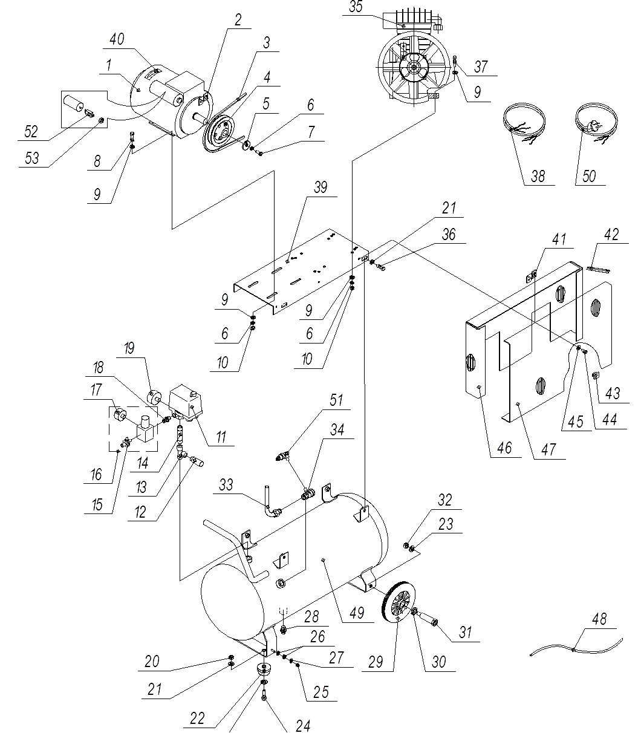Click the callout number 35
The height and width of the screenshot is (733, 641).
pos(356,7)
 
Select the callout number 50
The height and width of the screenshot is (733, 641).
pos(589,176)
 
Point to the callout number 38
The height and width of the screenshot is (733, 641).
pos(538,176)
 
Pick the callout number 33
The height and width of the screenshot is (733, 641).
pos(226,485)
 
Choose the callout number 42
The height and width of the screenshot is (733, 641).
pos(611,234)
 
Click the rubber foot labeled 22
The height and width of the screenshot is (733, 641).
pos(264,669)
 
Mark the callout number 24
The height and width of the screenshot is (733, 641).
pos(303,726)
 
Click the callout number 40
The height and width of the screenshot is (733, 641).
pos(116,40)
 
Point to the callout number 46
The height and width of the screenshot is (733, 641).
pos(504,448)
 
